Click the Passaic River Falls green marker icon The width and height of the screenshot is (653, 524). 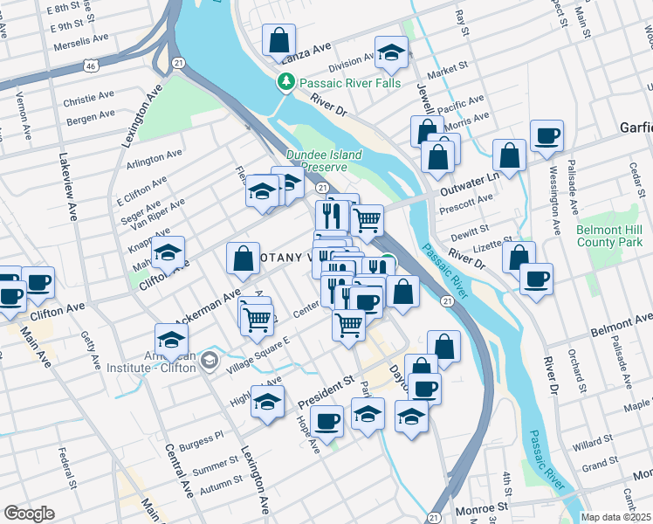[x=285, y=83]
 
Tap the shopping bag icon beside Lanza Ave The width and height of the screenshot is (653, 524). [x=278, y=39]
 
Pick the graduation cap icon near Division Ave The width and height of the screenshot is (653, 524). [x=391, y=52]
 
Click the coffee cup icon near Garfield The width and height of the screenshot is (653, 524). [x=546, y=136]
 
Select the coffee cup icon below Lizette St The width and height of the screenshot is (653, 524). [x=536, y=279]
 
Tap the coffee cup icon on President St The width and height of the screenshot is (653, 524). [x=326, y=421]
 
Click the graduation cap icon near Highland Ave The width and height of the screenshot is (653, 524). [x=268, y=401]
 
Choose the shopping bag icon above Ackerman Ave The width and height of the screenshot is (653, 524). [x=243, y=259]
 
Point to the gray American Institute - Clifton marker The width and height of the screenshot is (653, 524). [x=209, y=360]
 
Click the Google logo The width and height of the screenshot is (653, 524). [x=29, y=514]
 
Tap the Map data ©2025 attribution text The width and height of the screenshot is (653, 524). [x=616, y=517]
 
